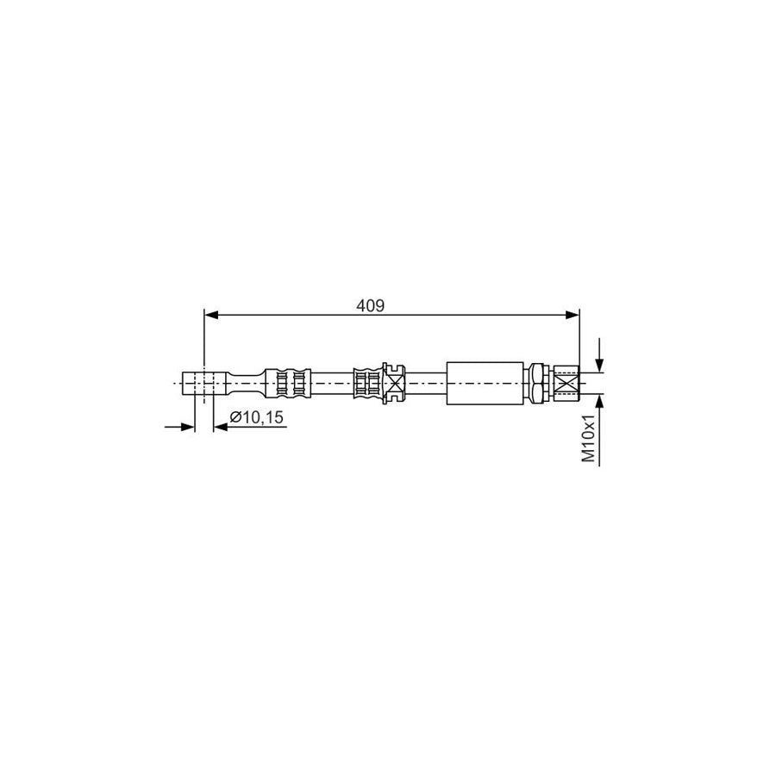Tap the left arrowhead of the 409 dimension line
point(210,316)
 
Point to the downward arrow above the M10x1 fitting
point(600,362)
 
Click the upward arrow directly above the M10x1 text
point(600,404)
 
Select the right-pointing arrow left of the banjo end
point(187,425)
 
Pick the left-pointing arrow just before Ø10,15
point(219,425)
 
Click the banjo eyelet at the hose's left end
point(199,382)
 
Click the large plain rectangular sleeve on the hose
point(485,382)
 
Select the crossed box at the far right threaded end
point(566,382)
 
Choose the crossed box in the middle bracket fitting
point(395,382)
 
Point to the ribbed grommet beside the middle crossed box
point(369,382)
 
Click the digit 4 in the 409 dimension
point(361,305)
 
